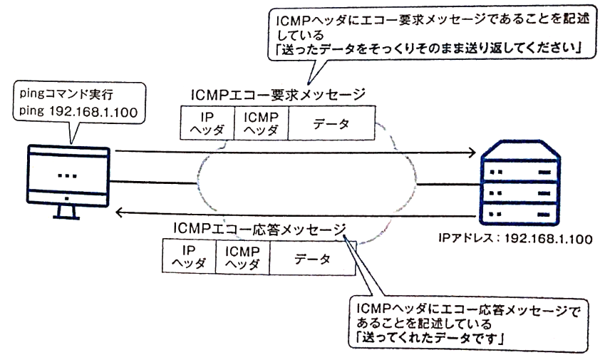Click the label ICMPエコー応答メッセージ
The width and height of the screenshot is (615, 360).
pyautogui.click(x=259, y=227)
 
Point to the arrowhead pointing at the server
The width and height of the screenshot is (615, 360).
pyautogui.click(x=470, y=152)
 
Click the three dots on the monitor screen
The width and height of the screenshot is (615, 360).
pyautogui.click(x=67, y=174)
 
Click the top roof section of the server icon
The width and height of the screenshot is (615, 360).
pyautogui.click(x=518, y=152)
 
